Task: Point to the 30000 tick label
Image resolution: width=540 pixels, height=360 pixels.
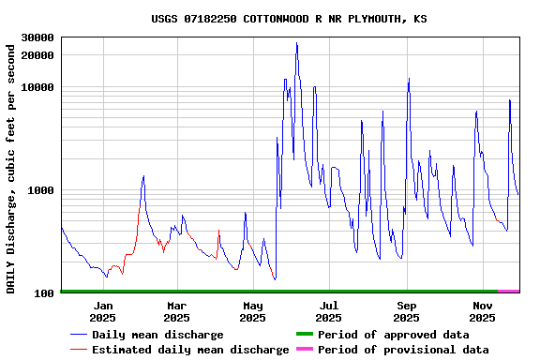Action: (37, 38)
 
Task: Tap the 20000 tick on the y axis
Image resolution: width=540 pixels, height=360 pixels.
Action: (37, 56)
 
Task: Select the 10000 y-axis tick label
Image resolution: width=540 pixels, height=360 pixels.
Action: (37, 88)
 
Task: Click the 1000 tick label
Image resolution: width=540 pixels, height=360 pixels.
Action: (40, 191)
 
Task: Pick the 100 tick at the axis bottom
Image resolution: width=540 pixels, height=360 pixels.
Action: (44, 293)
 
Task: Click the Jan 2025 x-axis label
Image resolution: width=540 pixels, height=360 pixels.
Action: (102, 311)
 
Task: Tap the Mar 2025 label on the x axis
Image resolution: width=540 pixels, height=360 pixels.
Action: (176, 311)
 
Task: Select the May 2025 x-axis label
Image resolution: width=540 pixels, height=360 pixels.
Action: (253, 311)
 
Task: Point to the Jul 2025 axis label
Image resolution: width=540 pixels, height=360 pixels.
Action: (329, 311)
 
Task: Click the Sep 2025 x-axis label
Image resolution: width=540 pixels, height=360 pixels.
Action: (406, 311)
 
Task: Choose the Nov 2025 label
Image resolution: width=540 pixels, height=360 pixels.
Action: (482, 311)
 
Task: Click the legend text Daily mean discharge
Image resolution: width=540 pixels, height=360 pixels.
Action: (157, 335)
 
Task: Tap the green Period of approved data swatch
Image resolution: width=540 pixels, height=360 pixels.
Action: (304, 335)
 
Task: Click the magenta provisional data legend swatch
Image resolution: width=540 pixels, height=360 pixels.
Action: (304, 350)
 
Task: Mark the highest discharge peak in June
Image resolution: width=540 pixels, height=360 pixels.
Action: (297, 43)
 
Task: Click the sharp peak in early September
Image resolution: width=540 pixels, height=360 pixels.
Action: (409, 79)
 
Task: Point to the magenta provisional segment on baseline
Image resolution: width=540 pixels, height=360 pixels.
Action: (508, 292)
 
